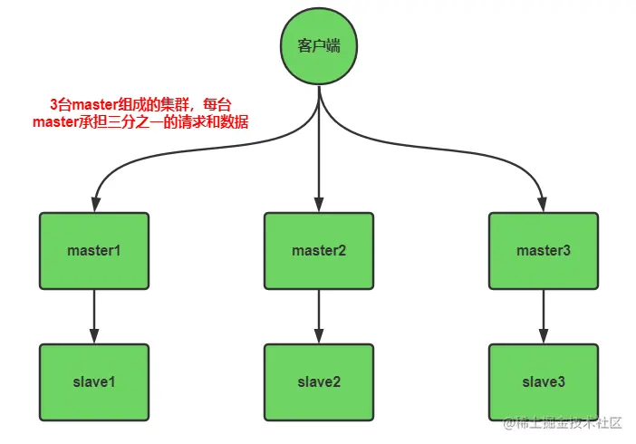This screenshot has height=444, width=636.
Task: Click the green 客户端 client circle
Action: pos(318,45)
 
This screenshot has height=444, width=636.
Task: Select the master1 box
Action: pos(93,250)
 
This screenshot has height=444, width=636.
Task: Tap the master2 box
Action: pos(318,250)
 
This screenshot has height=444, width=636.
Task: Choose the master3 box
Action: pos(543,250)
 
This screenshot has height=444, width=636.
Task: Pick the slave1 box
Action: pos(93,381)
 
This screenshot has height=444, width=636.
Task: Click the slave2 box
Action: pos(318,381)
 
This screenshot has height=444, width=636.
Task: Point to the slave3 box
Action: pos(543,381)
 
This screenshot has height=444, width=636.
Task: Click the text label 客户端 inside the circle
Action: pos(318,45)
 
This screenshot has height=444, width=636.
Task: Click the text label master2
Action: pos(318,250)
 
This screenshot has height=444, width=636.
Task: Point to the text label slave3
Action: pos(543,381)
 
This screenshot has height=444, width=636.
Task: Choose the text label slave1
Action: pos(93,381)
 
